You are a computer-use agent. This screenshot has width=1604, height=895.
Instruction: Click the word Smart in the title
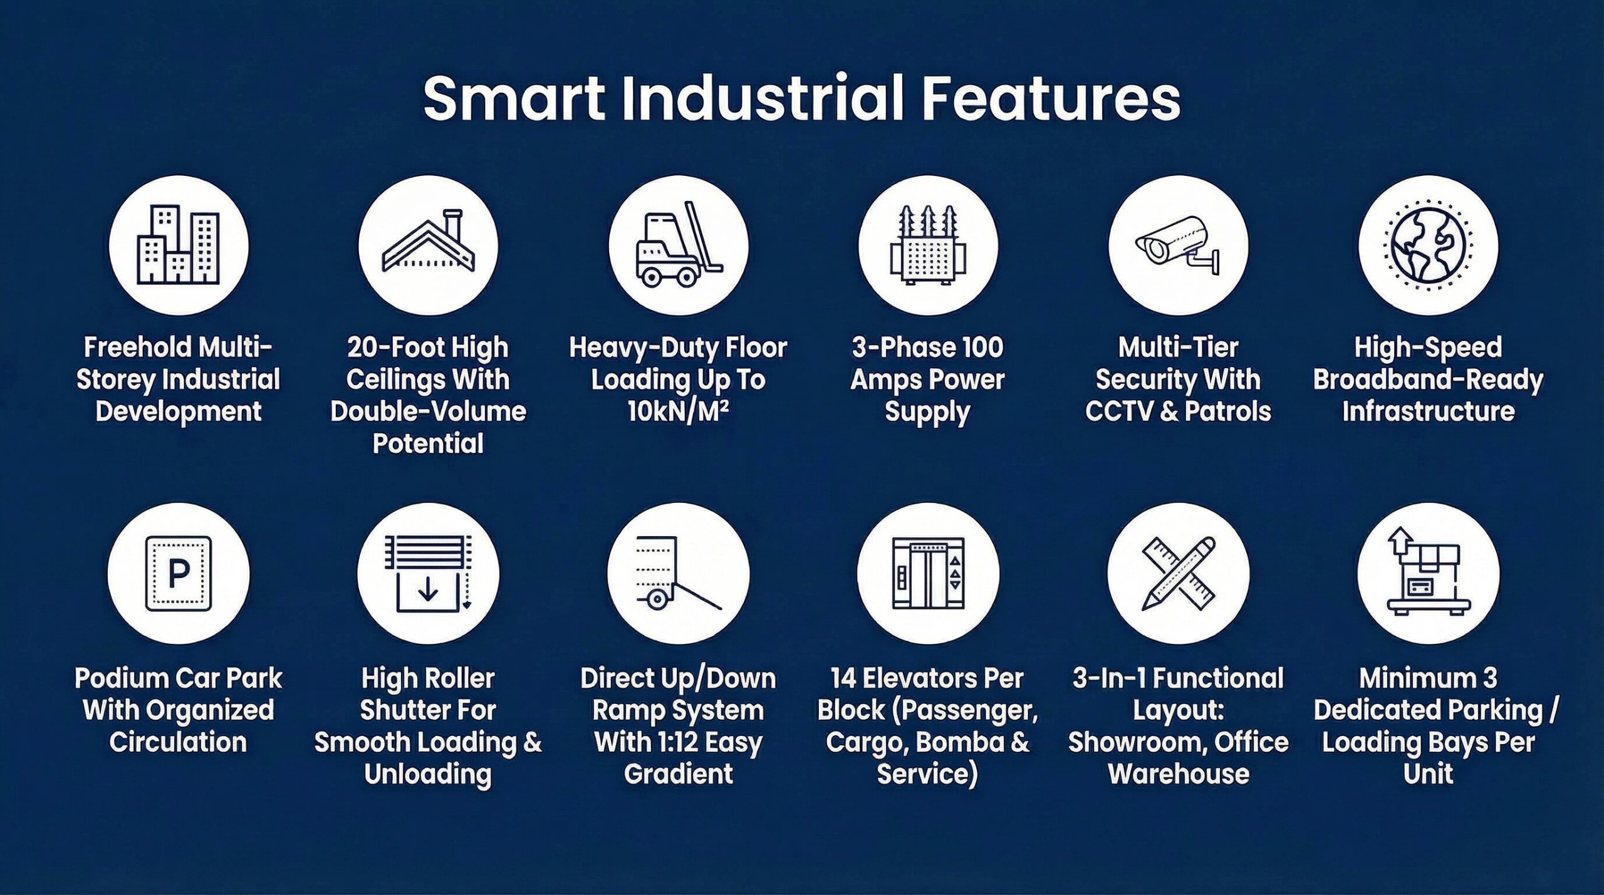514,98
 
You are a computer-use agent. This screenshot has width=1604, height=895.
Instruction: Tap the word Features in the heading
1051,98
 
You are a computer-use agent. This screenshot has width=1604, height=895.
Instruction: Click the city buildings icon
179,244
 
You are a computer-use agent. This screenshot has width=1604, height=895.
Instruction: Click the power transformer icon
928,244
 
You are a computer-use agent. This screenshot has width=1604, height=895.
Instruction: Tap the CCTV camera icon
1179,246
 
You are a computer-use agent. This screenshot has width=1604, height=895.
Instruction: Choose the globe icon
1429,244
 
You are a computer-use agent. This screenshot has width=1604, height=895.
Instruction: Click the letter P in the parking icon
179,573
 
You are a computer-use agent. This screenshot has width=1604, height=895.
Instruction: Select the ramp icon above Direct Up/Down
679,572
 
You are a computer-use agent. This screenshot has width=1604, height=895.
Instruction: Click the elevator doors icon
928,573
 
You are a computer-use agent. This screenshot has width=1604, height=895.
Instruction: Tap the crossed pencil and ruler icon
1179,574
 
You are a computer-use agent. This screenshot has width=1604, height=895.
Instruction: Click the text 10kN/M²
679,411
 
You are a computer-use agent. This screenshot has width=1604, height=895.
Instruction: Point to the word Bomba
959,742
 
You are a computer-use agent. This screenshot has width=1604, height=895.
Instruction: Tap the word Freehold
138,347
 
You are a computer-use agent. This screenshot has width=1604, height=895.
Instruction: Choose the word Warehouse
1179,774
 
